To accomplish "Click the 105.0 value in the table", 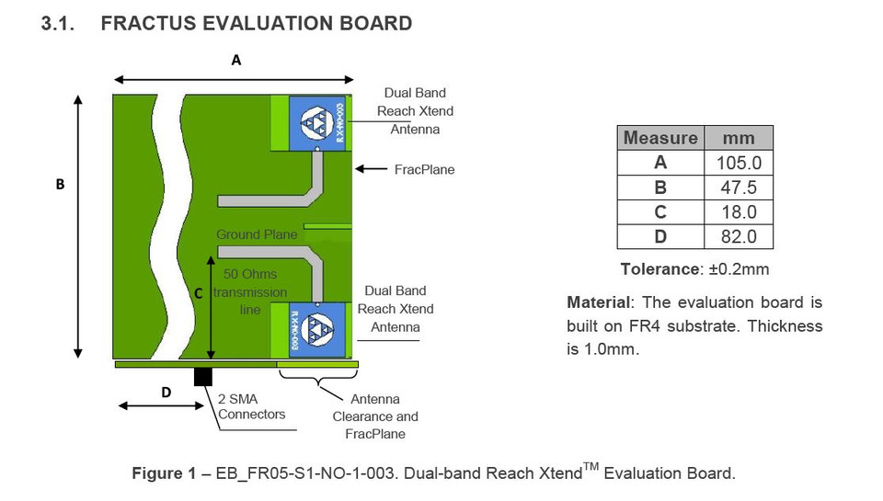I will [739, 164].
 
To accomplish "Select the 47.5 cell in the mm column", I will [739, 188].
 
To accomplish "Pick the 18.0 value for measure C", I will [739, 212].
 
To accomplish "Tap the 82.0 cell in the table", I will [739, 236].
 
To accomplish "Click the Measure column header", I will [659, 139].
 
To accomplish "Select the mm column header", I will [739, 139].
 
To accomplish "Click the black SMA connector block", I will [202, 376].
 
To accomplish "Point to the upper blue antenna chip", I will [317, 122].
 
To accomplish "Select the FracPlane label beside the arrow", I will [424, 170].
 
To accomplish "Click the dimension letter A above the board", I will [236, 61].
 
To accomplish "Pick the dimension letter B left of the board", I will [60, 184].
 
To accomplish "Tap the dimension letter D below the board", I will [166, 393].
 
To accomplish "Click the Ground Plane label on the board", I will [257, 234].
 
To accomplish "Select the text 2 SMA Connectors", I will [251, 406].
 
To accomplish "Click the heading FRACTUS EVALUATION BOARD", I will [256, 24].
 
